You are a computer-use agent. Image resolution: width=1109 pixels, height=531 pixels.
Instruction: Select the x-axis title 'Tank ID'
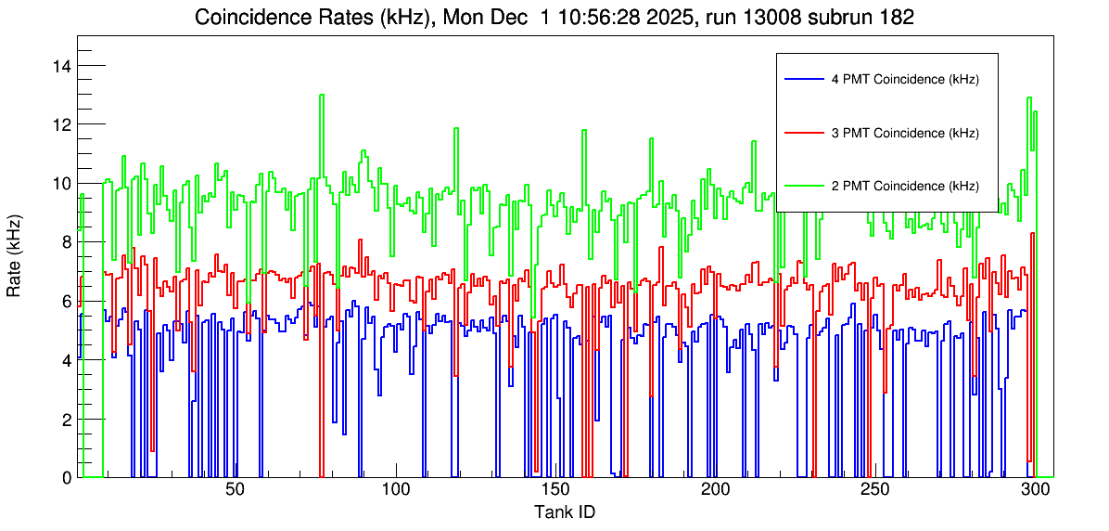pyautogui.click(x=564, y=512)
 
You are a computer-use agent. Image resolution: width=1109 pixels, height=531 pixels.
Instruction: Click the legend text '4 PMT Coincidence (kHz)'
pyautogui.click(x=905, y=80)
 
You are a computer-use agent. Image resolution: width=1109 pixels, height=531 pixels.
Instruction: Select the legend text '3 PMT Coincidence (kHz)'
pyautogui.click(x=905, y=133)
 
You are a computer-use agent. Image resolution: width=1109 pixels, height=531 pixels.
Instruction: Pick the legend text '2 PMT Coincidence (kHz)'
pyautogui.click(x=905, y=186)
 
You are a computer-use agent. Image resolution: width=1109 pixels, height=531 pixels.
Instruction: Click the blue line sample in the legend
pyautogui.click(x=803, y=80)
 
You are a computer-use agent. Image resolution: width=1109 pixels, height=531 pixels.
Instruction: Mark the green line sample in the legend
pyautogui.click(x=803, y=186)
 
